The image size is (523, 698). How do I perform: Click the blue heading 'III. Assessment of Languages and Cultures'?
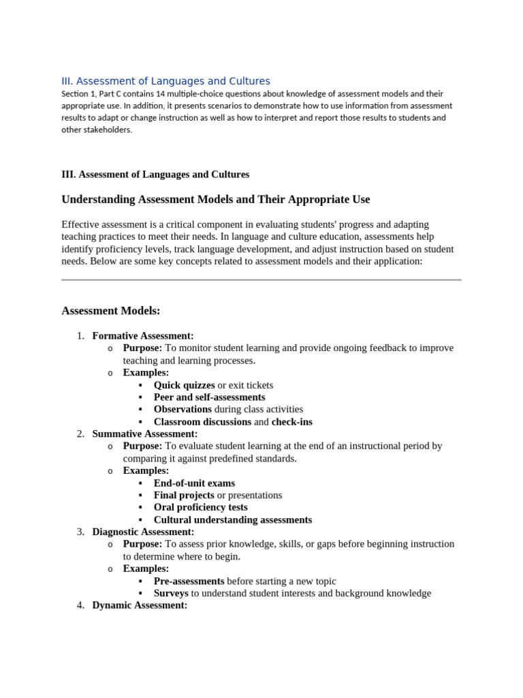pyautogui.click(x=165, y=81)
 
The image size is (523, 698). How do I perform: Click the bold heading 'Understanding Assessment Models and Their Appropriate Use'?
pyautogui.click(x=216, y=200)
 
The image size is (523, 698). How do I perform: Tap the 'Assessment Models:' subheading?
pyautogui.click(x=111, y=311)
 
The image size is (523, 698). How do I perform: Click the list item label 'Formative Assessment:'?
pyautogui.click(x=143, y=336)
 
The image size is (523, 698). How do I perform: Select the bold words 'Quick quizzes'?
pyautogui.click(x=184, y=385)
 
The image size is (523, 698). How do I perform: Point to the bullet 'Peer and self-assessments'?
pyautogui.click(x=209, y=397)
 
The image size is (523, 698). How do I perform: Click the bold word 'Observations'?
pyautogui.click(x=183, y=410)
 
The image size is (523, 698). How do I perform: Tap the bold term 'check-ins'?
pyautogui.click(x=292, y=422)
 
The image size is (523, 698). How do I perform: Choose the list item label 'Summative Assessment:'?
pyautogui.click(x=145, y=434)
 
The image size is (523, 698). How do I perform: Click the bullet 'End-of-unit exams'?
pyautogui.click(x=194, y=483)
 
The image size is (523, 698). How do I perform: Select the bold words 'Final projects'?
pyautogui.click(x=184, y=496)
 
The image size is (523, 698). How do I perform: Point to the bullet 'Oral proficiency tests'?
pyautogui.click(x=200, y=508)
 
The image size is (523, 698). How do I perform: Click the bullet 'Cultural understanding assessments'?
pyautogui.click(x=233, y=520)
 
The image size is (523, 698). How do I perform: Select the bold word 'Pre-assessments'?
pyautogui.click(x=189, y=581)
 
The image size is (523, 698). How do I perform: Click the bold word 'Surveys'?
pyautogui.click(x=171, y=594)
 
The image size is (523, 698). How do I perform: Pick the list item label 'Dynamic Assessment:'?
pyautogui.click(x=140, y=606)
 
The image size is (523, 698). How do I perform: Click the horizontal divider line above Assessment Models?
pyautogui.click(x=261, y=279)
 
